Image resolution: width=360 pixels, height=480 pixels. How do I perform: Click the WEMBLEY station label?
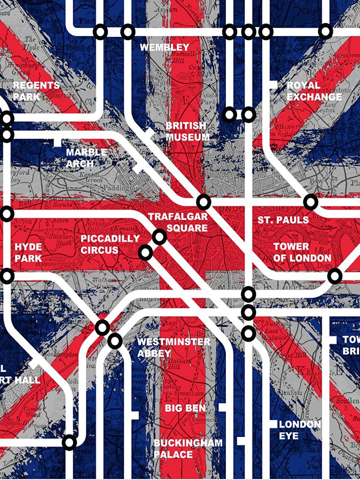165,48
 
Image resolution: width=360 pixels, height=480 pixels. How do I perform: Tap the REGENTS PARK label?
36,91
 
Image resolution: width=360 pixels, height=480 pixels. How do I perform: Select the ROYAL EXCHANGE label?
314,91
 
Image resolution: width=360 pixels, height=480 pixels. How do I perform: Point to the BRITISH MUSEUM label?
188,131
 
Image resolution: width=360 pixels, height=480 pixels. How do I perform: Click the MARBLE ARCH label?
86,158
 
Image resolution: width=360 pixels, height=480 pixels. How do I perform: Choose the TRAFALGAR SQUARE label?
178,222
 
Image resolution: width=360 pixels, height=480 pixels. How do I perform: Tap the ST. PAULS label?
283,220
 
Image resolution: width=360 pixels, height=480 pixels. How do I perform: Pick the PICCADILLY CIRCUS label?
110,244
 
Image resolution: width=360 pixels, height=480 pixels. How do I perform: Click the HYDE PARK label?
28,252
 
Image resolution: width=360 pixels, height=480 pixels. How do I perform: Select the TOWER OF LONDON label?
302,252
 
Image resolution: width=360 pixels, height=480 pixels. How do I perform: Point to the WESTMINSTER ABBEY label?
173,348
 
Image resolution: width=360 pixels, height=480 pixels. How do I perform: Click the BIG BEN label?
185,408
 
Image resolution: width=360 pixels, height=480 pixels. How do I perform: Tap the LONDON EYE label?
300,430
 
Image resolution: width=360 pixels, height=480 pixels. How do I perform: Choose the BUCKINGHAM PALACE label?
188,449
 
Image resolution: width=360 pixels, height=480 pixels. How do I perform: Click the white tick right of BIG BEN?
222,408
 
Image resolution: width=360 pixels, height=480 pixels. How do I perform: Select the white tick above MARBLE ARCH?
57,142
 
